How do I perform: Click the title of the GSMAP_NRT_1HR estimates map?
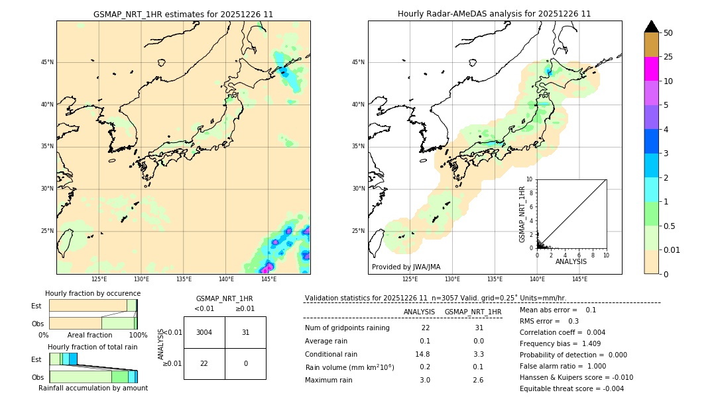click(x=183, y=14)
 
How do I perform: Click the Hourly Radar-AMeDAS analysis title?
click(x=495, y=14)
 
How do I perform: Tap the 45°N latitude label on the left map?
click(x=47, y=62)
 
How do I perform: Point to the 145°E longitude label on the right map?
click(x=579, y=279)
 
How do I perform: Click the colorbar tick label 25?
click(x=668, y=57)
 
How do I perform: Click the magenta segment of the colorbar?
click(x=651, y=69)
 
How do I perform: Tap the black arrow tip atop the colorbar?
click(x=651, y=26)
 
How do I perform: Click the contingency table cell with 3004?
click(x=204, y=332)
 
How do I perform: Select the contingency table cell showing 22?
click(x=204, y=364)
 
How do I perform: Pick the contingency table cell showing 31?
click(x=245, y=332)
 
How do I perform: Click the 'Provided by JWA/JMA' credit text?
click(x=406, y=267)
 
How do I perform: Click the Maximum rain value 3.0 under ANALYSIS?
click(x=425, y=380)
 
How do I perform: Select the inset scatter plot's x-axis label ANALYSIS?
click(x=571, y=261)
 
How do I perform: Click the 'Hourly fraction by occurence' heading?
click(x=93, y=293)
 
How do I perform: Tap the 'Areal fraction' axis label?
click(x=89, y=336)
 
